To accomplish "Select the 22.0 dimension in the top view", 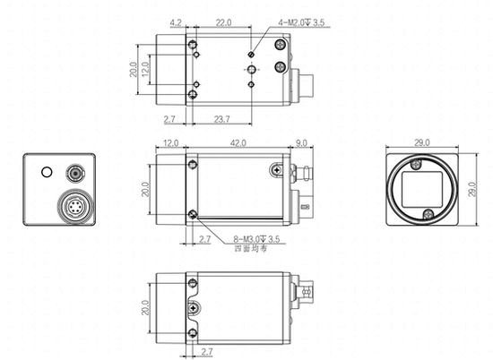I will coord(223,21).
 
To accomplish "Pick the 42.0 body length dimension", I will coord(237,141).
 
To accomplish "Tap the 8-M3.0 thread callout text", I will coord(256,240).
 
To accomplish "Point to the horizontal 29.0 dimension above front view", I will coord(421,141).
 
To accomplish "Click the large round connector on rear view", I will coord(75,208).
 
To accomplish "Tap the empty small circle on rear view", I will coord(47,168).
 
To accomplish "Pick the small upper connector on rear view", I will coord(74,170).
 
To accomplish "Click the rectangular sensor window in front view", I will coord(422,190).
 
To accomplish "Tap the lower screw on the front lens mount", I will coord(429,213).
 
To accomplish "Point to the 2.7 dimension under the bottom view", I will coord(206,352).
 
